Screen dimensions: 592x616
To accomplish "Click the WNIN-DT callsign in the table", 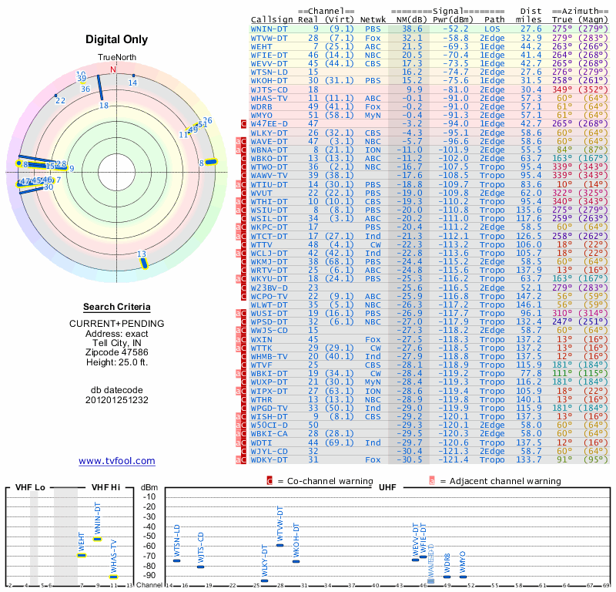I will [269, 28].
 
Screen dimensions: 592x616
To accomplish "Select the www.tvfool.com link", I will [117, 461].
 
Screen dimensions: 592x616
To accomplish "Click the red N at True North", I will [114, 69].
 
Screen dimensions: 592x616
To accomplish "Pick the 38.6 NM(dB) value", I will [407, 28].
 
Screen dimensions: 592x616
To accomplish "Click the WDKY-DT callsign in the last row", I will [269, 460].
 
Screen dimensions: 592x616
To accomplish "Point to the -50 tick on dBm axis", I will [149, 536].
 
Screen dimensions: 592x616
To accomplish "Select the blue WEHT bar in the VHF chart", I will [81, 555].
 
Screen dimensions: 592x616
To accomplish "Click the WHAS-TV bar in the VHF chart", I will [113, 576].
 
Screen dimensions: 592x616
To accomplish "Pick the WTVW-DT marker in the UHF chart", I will [280, 545].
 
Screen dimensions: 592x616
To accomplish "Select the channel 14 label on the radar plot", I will [132, 82].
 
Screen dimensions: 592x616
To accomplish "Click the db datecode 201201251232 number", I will [117, 400].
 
